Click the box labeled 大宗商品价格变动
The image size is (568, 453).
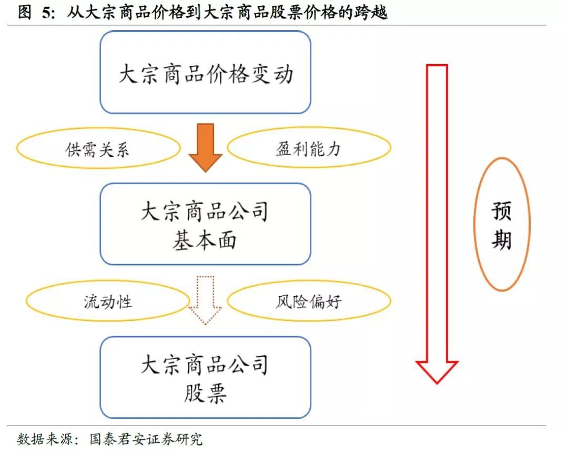click(206, 72)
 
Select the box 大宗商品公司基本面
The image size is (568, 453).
click(206, 224)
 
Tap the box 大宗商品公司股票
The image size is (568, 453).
click(206, 377)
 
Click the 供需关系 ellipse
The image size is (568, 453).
click(98, 148)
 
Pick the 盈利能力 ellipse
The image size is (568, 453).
click(309, 147)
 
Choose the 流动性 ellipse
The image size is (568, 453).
click(108, 301)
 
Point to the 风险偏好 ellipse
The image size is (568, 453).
click(309, 301)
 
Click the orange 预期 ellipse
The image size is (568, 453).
click(502, 224)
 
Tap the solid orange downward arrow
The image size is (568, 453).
click(206, 147)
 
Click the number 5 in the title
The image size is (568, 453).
click(47, 13)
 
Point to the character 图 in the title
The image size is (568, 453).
click(25, 13)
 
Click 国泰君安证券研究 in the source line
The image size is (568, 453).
click(146, 439)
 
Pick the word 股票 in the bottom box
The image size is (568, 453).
click(206, 393)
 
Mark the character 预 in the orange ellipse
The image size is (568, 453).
click(502, 211)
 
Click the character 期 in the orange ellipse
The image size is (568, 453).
click(502, 239)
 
